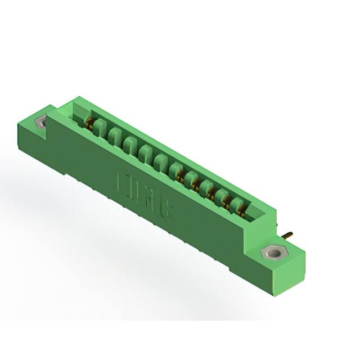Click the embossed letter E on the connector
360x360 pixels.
[x=121, y=182]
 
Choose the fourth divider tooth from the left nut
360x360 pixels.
[x=145, y=152]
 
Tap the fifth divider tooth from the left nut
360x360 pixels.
[x=160, y=161]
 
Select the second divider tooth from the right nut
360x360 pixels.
[x=221, y=194]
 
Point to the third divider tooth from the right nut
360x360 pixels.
[x=206, y=186]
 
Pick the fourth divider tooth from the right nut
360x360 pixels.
[x=191, y=178]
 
